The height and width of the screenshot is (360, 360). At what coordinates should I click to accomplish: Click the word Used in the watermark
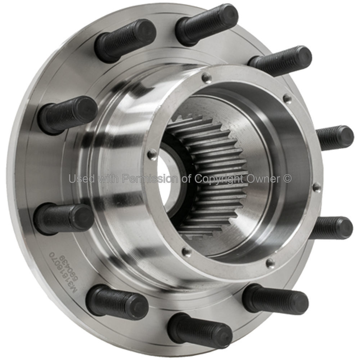pos(82,178)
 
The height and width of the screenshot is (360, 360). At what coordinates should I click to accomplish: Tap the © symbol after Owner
pos(287,178)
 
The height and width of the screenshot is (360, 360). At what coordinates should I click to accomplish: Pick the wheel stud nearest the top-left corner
pos(126,40)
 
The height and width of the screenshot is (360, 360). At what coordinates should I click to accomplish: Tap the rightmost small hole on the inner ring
pos(316,187)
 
